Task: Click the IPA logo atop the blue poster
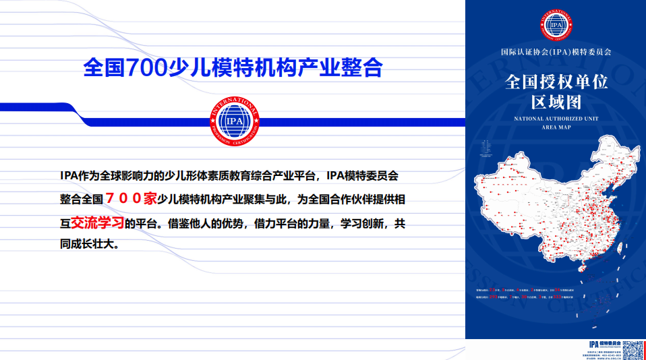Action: [x=556, y=25]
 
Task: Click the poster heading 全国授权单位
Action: [x=556, y=82]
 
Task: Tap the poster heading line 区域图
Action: [x=556, y=102]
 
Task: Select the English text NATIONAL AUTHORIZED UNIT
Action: [x=556, y=119]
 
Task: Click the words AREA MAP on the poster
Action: [x=556, y=126]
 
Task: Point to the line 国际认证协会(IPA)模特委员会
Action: [x=556, y=52]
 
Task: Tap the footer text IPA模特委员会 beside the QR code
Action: [x=606, y=344]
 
